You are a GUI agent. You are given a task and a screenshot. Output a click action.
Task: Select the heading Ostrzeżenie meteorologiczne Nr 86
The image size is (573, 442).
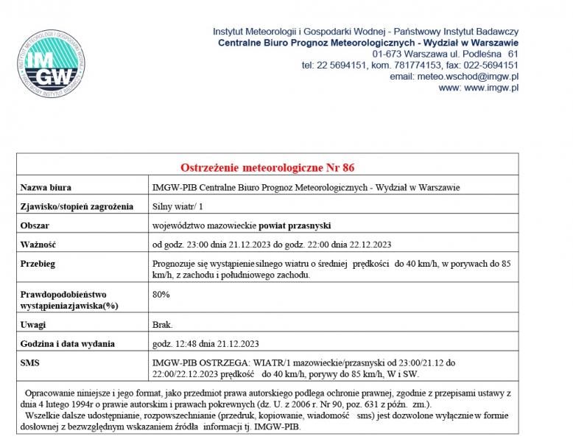(x=267, y=167)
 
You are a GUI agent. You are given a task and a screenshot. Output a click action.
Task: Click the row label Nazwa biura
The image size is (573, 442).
(x=46, y=187)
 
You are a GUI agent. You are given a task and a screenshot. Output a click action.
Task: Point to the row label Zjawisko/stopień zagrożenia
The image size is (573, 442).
(x=77, y=206)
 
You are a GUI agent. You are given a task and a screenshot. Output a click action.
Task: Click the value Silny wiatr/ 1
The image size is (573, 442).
(x=178, y=206)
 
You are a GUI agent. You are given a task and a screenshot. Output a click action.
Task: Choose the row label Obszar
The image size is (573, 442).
(x=35, y=225)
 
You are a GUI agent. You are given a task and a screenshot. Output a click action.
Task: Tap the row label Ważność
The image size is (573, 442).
(x=38, y=244)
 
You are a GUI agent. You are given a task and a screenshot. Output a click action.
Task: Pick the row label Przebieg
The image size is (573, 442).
(x=38, y=263)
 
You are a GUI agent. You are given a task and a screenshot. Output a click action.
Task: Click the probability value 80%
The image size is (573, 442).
(x=161, y=294)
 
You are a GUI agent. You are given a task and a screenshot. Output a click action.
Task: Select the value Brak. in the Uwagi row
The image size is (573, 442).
(x=163, y=324)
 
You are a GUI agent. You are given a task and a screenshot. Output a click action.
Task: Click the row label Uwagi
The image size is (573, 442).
(x=34, y=324)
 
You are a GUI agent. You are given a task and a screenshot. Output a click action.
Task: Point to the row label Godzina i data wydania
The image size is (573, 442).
(x=68, y=343)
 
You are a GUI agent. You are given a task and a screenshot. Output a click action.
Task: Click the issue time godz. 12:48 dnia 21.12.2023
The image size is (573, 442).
(x=205, y=343)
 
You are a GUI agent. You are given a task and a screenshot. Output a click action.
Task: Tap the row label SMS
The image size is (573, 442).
(x=30, y=362)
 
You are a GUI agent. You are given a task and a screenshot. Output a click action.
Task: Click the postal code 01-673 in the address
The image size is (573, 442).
(x=390, y=54)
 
